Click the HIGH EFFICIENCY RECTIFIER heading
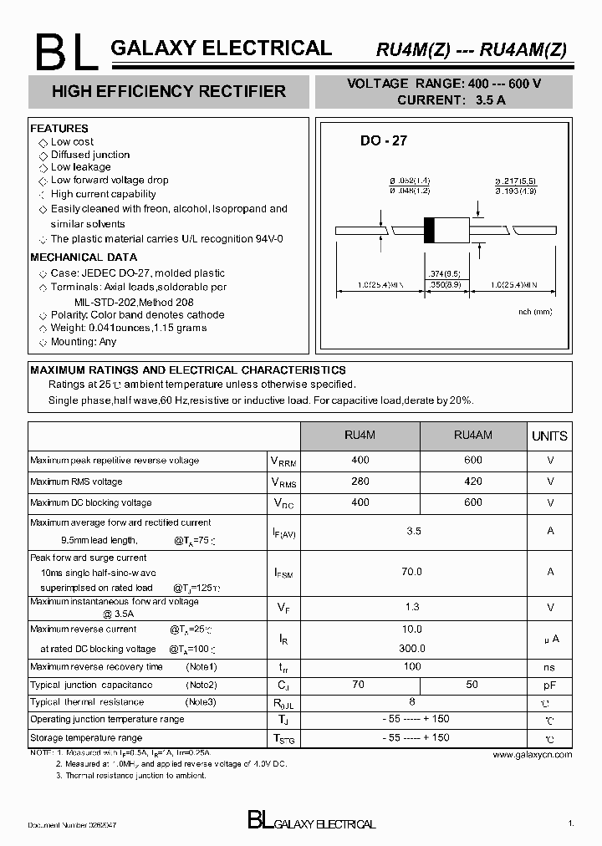(x=168, y=91)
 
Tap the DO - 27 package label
(x=383, y=140)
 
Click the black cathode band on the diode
(x=430, y=230)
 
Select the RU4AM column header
(x=472, y=435)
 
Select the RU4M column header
(x=360, y=435)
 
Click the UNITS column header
(x=549, y=436)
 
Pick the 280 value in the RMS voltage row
(x=360, y=482)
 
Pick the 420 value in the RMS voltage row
(x=472, y=482)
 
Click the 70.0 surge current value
(x=412, y=572)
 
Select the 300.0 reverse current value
(x=412, y=648)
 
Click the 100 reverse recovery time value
(x=412, y=666)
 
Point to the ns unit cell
(x=549, y=667)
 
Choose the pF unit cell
(x=549, y=685)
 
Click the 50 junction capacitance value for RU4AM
(x=472, y=685)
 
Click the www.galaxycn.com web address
(x=532, y=754)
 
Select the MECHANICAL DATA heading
(x=84, y=257)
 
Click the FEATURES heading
(x=59, y=129)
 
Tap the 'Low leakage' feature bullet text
(x=80, y=167)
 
